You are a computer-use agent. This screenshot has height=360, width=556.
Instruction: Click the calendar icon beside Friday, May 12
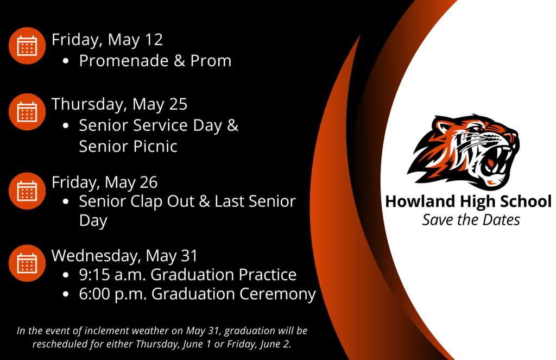pos(27,46)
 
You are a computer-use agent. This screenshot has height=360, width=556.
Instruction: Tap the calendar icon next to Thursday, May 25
pos(27,112)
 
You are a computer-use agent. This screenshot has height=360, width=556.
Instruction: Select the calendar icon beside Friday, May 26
pos(27,191)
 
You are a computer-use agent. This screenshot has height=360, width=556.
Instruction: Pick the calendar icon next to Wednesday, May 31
pos(27,263)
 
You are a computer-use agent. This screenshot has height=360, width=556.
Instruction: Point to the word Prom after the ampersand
pos(211,61)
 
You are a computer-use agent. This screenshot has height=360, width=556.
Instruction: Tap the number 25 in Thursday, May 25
pos(178,104)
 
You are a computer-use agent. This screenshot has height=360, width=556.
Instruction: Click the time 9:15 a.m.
pos(112,275)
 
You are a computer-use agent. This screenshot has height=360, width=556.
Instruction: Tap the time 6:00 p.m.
pos(113,294)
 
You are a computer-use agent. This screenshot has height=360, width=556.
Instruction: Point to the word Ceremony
pos(277,295)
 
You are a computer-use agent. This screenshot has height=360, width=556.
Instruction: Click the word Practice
pos(267,275)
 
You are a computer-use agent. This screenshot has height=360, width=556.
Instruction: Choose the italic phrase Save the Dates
pos(471,220)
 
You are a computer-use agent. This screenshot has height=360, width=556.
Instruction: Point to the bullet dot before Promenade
pos(65,61)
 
